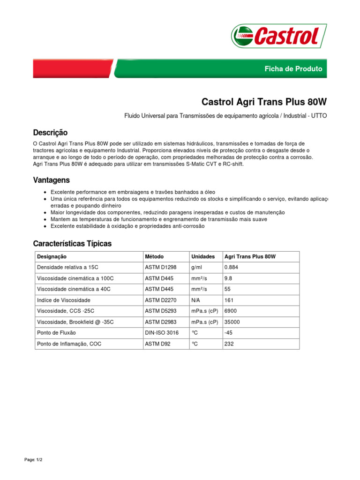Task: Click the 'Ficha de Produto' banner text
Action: (x=293, y=69)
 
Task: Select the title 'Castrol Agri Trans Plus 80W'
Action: (x=264, y=102)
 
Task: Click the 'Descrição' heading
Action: (x=50, y=133)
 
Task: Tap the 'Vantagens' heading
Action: (x=51, y=180)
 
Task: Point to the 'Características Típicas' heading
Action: (x=72, y=244)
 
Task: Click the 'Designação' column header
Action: (x=52, y=257)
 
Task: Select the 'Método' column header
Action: (x=154, y=257)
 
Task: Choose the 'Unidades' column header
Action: (x=203, y=257)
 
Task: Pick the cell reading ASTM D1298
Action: (x=160, y=268)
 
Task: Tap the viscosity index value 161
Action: (x=229, y=300)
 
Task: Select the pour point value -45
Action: (x=229, y=333)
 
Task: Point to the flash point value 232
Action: (x=229, y=344)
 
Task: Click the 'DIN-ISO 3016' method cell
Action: (x=162, y=333)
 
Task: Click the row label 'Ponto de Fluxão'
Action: (x=56, y=333)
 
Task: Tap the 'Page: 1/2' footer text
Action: (x=33, y=460)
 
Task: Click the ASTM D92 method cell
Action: (x=157, y=344)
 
